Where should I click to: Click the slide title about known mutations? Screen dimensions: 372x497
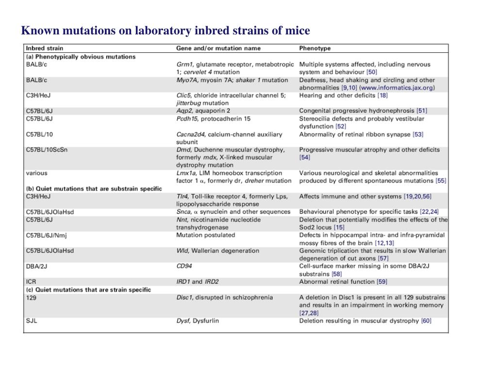(x=165, y=31)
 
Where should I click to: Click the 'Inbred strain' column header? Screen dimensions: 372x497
(x=44, y=48)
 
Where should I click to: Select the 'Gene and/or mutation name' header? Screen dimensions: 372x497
(x=218, y=48)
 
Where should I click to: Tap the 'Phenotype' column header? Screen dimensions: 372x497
(x=315, y=48)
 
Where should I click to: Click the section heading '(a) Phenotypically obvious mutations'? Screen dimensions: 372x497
(x=81, y=57)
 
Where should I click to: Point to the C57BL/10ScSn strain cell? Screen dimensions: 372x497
(x=47, y=150)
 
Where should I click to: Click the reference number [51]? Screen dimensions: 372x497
(x=422, y=111)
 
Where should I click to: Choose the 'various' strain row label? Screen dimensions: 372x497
(x=36, y=173)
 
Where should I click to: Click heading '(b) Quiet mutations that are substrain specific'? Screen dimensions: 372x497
(x=94, y=188)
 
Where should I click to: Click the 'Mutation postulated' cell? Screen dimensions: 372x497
(x=205, y=235)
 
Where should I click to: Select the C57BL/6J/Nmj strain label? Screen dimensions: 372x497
(x=48, y=235)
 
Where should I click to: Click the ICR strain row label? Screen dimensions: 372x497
(x=31, y=281)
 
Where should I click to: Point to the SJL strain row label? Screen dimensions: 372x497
(x=31, y=321)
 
